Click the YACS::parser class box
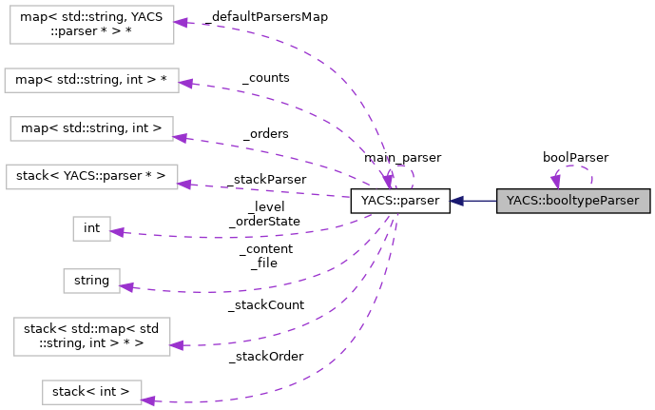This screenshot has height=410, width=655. pos(399,201)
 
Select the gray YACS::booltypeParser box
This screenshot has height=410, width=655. pos(573,201)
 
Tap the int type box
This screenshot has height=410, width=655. pos(91,228)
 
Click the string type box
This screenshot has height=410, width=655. pos(91,280)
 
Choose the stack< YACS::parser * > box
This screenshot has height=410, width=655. pos(91,176)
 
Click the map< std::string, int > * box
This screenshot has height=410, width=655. pos(91,80)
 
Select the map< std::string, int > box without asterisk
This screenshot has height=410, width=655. pos(91,127)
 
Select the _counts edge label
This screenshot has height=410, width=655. pos(265,77)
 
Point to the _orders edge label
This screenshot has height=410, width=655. pos(265,133)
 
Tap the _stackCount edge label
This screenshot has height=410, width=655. pos(265,305)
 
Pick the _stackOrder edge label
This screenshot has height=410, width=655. pos(265,356)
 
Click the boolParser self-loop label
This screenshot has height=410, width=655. pos(575,157)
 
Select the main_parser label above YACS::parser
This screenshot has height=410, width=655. pos(402,157)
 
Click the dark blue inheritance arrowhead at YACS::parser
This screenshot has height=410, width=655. pos(457,201)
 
